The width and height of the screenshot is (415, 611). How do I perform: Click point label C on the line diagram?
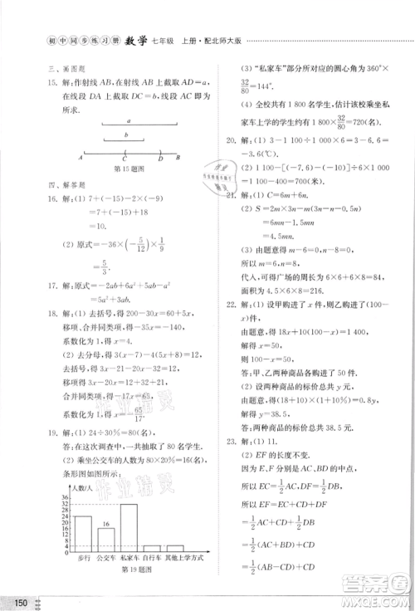point(124,156)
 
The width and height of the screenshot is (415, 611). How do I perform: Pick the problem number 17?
point(51,285)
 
